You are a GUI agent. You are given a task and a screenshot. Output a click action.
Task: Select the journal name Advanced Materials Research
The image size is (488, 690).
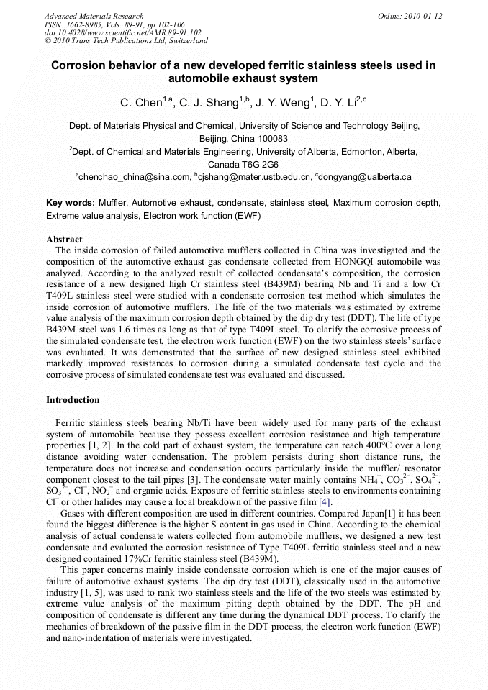[94, 16]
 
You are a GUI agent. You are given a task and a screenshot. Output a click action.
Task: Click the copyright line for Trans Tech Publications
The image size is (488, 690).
[126, 42]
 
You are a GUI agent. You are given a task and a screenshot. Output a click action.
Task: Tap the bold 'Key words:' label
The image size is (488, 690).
[71, 204]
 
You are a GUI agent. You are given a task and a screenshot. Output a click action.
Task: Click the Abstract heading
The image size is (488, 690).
[64, 240]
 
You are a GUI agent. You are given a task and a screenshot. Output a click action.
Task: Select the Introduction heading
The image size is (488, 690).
[73, 400]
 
